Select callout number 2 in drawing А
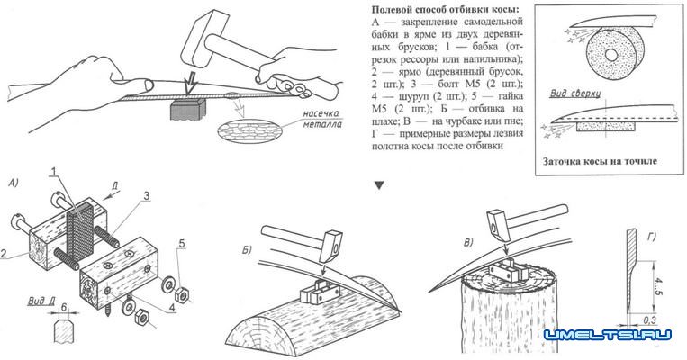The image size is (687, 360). tap(8, 255)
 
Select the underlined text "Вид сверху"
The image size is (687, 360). tap(571, 93)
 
